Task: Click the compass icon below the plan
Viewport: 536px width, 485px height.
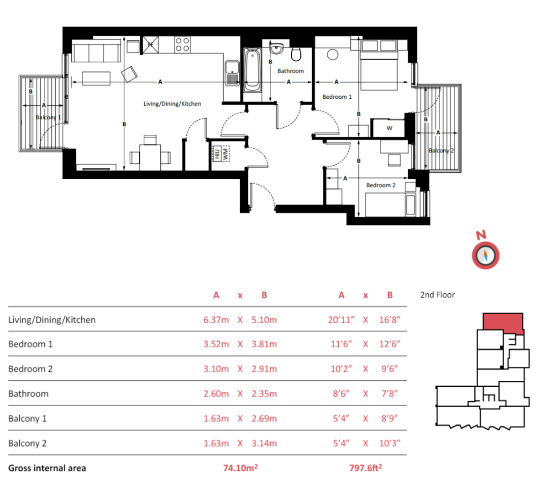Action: (485, 255)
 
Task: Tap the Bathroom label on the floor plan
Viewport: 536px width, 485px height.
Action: (290, 71)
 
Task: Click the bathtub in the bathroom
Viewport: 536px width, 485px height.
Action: (252, 70)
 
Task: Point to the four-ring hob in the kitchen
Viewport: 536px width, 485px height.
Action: (182, 44)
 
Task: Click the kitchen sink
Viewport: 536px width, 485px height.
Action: (232, 73)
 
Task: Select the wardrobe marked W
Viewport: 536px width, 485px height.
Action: (389, 128)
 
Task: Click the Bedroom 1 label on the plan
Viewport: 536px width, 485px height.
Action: (337, 97)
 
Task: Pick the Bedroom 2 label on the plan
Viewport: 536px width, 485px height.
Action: (381, 185)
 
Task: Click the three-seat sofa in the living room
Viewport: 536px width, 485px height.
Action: (96, 51)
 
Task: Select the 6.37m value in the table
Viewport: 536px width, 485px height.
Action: (216, 320)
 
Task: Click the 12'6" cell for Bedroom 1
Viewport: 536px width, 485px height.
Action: (390, 344)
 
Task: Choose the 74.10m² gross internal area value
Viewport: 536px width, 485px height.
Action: (240, 468)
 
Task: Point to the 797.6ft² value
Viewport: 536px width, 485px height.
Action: (365, 468)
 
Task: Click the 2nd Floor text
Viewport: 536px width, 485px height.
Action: (437, 295)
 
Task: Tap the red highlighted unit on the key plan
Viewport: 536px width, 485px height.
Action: (503, 322)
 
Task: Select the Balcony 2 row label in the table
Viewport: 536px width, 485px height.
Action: (27, 443)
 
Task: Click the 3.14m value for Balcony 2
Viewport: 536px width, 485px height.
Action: (264, 443)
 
